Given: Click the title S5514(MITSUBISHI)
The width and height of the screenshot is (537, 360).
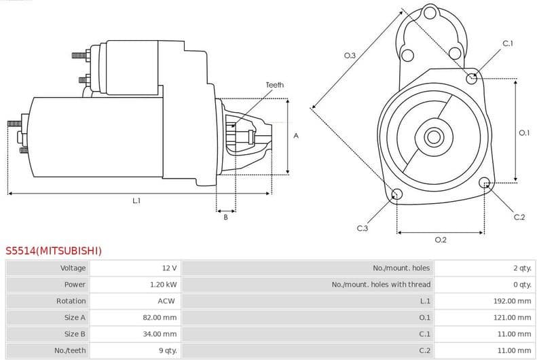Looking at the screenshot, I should click(x=54, y=251).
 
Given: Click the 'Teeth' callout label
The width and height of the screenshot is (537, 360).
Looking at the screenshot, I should click(x=274, y=85).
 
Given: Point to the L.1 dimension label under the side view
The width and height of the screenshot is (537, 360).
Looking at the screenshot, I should click(x=136, y=200).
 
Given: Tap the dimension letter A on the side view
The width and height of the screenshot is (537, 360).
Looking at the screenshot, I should click(x=296, y=136).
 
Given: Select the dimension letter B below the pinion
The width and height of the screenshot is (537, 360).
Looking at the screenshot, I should click(x=225, y=217).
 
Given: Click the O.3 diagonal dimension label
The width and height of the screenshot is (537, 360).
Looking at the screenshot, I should click(x=350, y=56).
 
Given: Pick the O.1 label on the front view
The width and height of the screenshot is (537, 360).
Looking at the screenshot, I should click(x=523, y=133).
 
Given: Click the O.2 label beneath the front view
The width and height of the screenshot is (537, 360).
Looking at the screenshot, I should click(x=440, y=239).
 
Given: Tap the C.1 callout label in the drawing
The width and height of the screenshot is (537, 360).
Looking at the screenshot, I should click(x=508, y=43).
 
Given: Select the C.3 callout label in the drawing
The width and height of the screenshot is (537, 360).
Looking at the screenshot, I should click(x=362, y=228).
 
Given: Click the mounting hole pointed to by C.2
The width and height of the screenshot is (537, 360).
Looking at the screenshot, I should click(x=485, y=183).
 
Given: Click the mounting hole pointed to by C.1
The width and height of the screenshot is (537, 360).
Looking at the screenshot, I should click(x=472, y=78).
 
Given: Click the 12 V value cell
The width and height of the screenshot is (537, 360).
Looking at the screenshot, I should click(x=169, y=268).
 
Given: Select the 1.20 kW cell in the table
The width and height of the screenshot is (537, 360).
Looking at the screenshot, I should click(x=163, y=285).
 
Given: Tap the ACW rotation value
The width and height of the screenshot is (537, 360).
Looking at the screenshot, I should click(x=167, y=301).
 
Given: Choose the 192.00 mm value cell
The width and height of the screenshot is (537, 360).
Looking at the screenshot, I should click(x=512, y=301).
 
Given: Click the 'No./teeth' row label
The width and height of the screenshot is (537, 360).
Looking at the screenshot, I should click(x=71, y=350).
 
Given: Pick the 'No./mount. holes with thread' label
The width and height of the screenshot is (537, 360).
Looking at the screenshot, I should click(x=381, y=285).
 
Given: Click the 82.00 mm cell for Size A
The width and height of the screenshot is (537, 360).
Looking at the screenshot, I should click(x=161, y=317).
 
